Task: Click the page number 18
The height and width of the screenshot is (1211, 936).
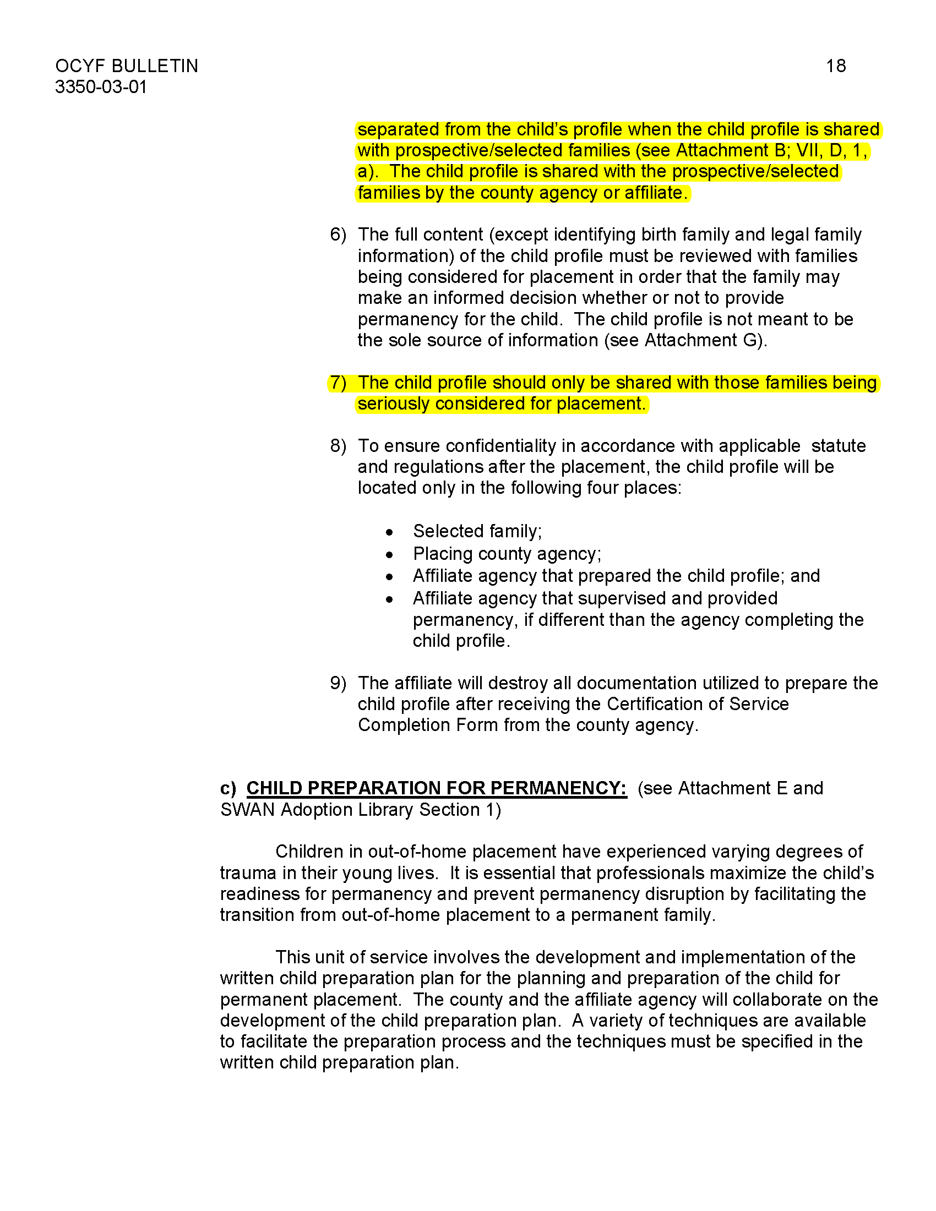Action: (836, 66)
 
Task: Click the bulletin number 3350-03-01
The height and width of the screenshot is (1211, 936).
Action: (100, 87)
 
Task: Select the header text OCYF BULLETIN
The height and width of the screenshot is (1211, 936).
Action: (127, 66)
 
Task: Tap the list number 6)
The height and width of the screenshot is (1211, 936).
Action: (338, 234)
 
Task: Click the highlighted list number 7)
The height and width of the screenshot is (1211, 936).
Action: (338, 383)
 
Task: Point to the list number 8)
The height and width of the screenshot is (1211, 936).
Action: (338, 446)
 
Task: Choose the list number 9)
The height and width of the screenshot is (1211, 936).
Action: (338, 683)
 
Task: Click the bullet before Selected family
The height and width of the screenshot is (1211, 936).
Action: (390, 532)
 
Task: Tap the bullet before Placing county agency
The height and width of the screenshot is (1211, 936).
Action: (390, 554)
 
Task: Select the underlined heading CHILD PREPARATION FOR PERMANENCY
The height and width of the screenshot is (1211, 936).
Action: (437, 788)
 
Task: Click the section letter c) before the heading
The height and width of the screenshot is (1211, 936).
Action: (228, 788)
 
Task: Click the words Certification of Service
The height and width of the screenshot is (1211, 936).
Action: (698, 704)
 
